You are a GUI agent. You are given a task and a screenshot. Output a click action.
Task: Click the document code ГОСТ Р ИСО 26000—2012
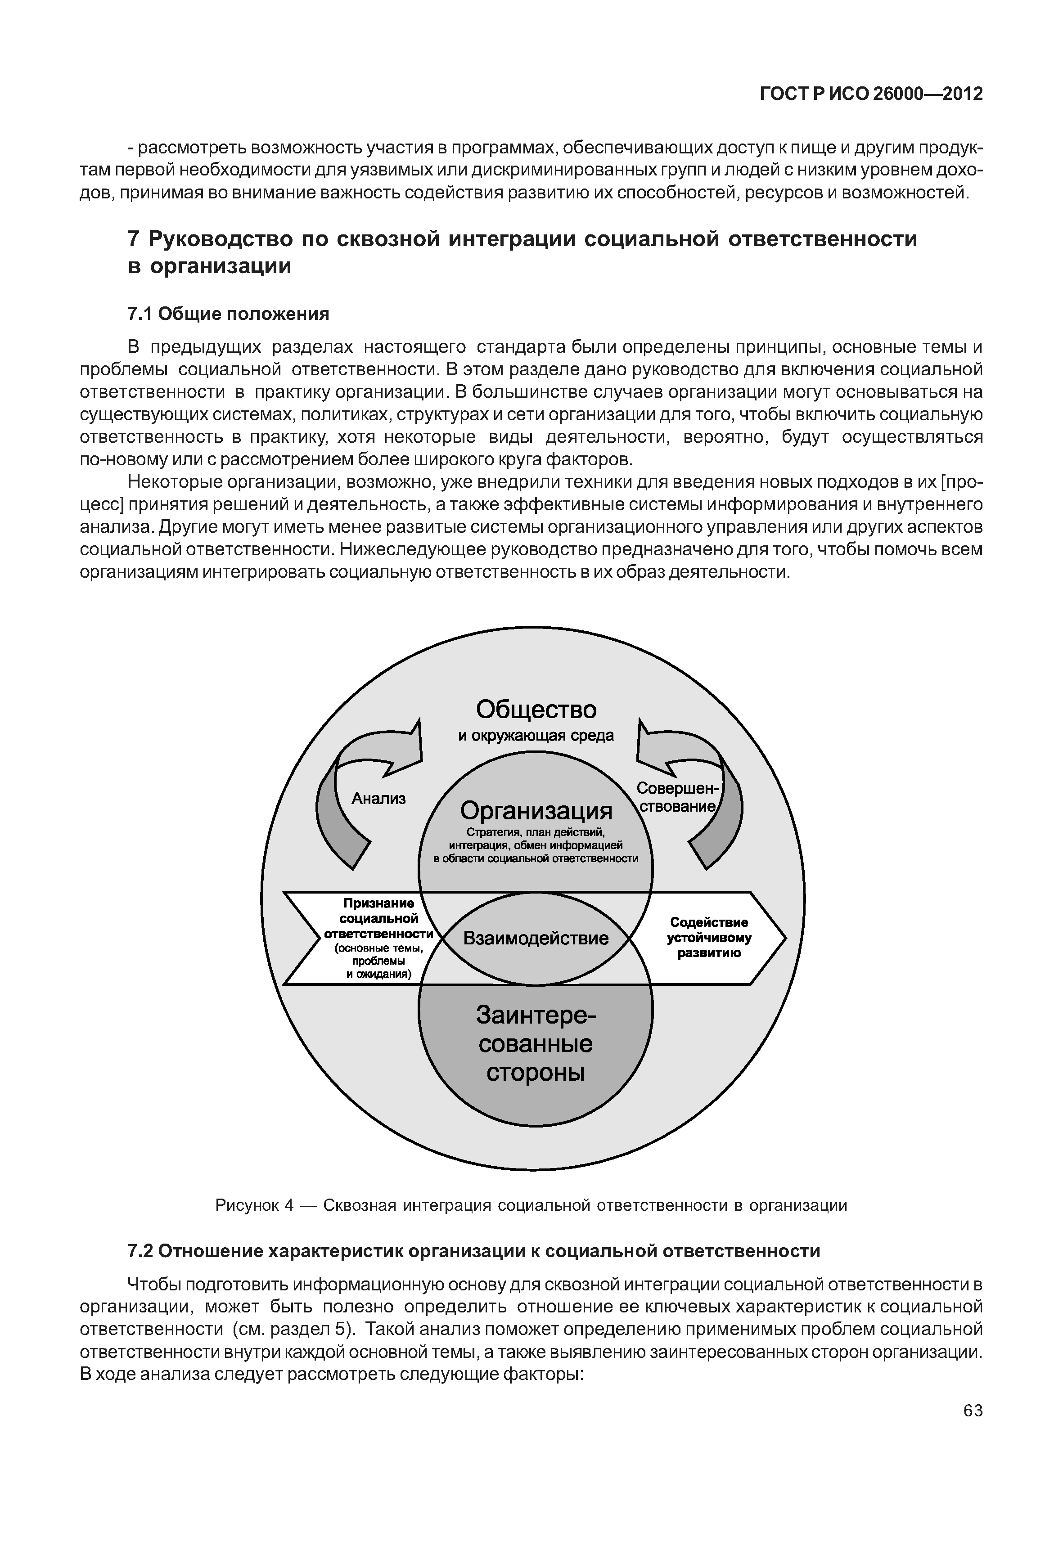[871, 94]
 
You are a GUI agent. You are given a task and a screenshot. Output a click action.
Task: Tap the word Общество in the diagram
[536, 710]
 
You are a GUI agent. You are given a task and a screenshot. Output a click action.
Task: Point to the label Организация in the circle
[536, 810]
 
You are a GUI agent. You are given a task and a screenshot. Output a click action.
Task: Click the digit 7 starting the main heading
[133, 238]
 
